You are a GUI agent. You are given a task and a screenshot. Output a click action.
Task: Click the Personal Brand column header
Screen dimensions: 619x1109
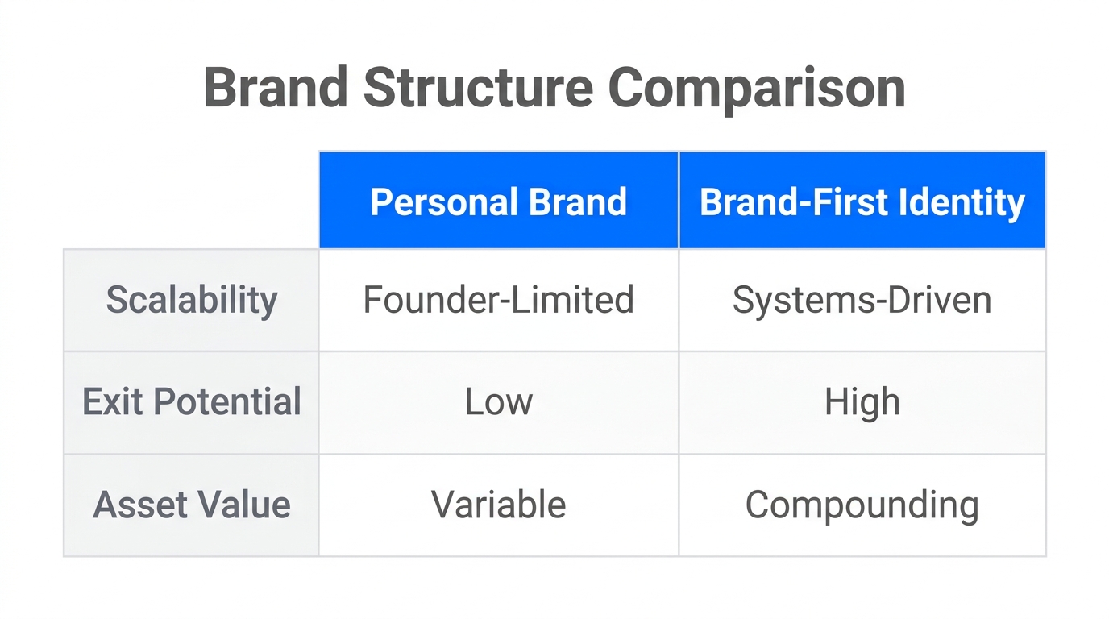coord(498,201)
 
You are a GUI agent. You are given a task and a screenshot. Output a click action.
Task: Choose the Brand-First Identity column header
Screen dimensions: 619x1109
coord(862,201)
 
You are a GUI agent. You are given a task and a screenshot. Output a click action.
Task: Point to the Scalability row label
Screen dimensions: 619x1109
coord(192,300)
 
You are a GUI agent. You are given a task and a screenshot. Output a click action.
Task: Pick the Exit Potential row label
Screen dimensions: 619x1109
coord(192,401)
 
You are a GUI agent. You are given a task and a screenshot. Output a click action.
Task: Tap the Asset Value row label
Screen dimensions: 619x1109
coord(192,505)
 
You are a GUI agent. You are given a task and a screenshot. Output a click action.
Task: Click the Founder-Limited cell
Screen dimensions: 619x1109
coord(498,300)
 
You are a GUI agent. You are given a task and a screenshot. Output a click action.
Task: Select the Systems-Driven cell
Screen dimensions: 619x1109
coord(862,300)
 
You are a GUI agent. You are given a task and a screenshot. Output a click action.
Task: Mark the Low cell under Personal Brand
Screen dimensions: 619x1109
coord(498,401)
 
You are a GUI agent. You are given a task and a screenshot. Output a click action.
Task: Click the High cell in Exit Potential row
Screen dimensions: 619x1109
coord(862,401)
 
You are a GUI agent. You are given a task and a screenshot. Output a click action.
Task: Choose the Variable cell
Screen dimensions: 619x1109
coord(498,505)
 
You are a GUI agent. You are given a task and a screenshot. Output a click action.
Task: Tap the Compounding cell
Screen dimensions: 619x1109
coord(862,505)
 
